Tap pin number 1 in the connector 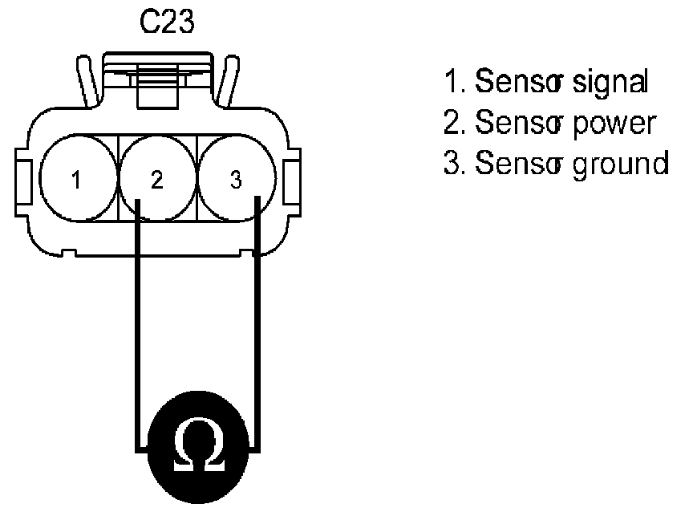[x=75, y=180]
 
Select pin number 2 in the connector [x=156, y=180]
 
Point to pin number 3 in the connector [x=235, y=180]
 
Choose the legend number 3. [x=450, y=164]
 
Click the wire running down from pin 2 [x=137, y=321]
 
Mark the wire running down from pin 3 [x=257, y=321]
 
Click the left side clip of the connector [x=22, y=180]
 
